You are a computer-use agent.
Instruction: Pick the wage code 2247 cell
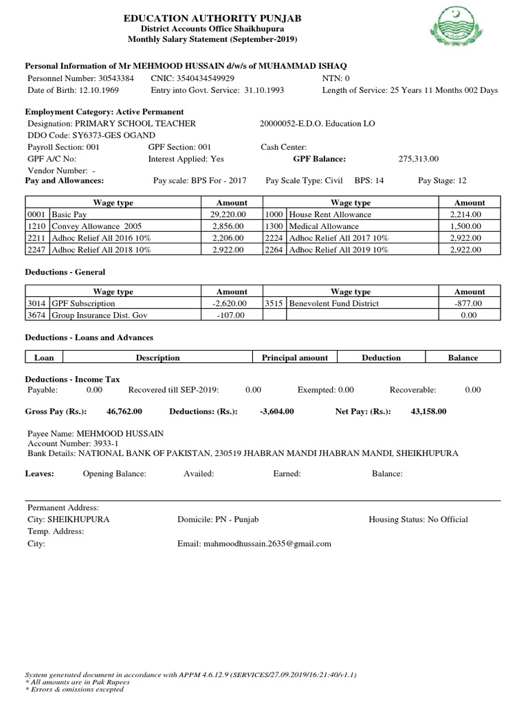pos(36,250)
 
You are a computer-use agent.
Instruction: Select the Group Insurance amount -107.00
pos(234,315)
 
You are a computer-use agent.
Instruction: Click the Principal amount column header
pos(295,357)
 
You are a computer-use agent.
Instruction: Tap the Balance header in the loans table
pos(463,357)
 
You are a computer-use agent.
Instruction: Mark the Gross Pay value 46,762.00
pos(124,411)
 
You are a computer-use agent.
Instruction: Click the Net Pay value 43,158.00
pos(428,411)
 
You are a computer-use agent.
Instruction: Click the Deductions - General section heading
pos(65,272)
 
